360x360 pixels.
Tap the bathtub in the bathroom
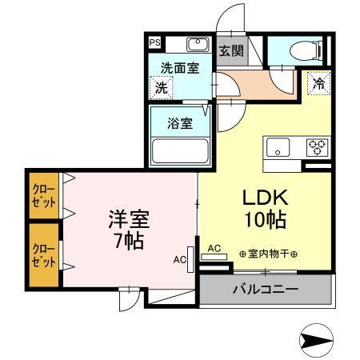pyautogui.click(x=180, y=150)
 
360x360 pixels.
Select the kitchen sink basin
pyautogui.click(x=278, y=147)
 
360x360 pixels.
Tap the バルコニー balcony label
pyautogui.click(x=265, y=289)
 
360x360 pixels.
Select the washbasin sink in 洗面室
pyautogui.click(x=196, y=45)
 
